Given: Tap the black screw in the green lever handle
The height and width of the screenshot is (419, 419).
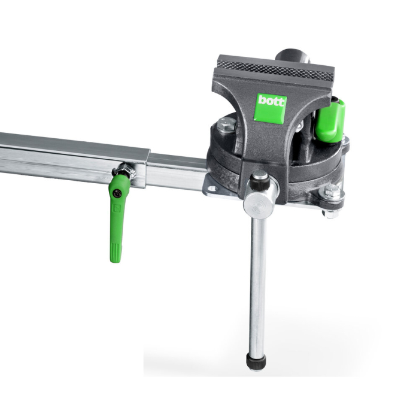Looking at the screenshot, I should point(119,194).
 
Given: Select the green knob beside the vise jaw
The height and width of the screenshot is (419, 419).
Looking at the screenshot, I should point(330,122).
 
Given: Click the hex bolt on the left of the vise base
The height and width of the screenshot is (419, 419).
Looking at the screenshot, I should point(227,125).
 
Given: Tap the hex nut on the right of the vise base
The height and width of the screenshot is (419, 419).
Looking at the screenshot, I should point(331,193).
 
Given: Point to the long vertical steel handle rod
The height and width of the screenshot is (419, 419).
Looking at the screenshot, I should point(257,281).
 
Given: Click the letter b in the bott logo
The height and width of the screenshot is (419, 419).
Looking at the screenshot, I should point(262,102).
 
